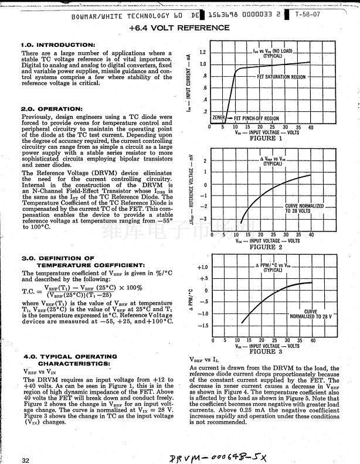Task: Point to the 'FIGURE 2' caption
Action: click(266, 247)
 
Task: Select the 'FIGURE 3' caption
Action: click(266, 352)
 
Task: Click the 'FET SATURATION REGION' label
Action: click(281, 77)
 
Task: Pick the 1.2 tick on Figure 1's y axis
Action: click(202, 52)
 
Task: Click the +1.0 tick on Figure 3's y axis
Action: click(202, 267)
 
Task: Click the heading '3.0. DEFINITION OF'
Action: click(57, 258)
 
